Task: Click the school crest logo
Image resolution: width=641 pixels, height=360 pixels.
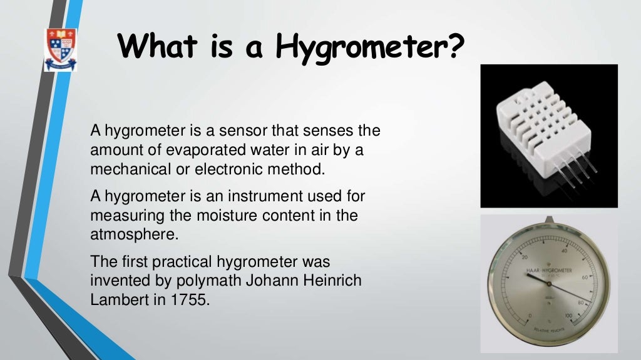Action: pyautogui.click(x=60, y=49)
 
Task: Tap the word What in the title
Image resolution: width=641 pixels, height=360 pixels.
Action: pyautogui.click(x=160, y=46)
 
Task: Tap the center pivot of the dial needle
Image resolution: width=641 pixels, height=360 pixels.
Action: pyautogui.click(x=548, y=285)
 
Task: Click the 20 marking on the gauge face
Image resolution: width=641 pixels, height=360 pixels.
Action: pyautogui.click(x=525, y=258)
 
